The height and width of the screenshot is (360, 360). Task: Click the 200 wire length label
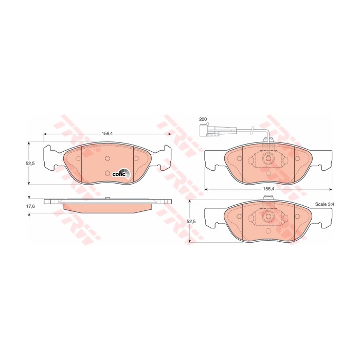point(203,119)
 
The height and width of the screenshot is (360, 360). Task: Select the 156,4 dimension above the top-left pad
point(107,134)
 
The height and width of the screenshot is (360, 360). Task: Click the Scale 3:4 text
point(324,204)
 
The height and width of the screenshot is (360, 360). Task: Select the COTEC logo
point(121,174)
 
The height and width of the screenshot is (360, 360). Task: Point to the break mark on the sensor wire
point(253,131)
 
